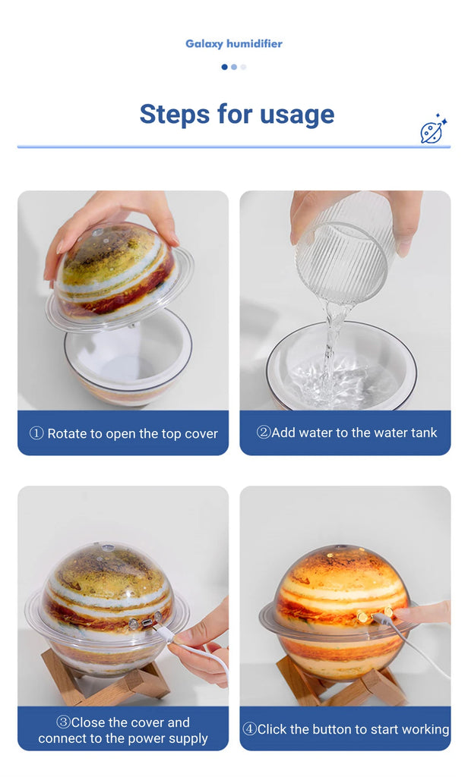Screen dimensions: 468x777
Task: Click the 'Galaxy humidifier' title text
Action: [234, 43]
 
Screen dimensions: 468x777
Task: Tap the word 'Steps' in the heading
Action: [175, 115]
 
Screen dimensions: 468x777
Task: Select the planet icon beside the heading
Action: [433, 129]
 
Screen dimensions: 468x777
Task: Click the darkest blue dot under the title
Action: [224, 67]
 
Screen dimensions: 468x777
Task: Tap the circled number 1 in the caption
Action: [36, 433]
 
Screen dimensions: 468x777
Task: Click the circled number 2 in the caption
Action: [264, 432]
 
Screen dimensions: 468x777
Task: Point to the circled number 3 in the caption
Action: [64, 722]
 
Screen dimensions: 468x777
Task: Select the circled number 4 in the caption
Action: [250, 729]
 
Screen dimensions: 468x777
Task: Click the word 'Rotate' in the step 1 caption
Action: [67, 433]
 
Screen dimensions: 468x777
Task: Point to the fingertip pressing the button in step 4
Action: [400, 615]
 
